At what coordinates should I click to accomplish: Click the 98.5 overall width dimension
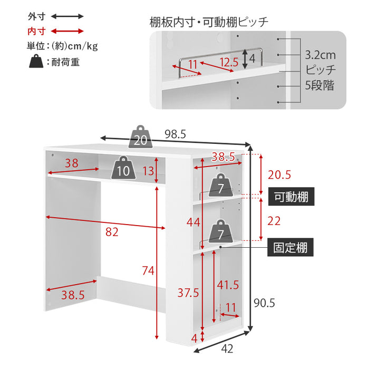[x=175, y=134]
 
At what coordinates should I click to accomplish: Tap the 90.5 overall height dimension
[x=265, y=303]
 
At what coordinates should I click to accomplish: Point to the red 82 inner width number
[x=112, y=231]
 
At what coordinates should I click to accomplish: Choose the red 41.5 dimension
[x=228, y=285]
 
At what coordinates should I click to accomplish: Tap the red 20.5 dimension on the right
[x=279, y=174]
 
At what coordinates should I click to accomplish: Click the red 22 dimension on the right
[x=274, y=221]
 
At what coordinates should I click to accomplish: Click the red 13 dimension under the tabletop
[x=148, y=170]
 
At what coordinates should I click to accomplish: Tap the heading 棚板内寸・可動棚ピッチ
[x=209, y=22]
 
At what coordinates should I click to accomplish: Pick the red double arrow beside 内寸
[x=67, y=31]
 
